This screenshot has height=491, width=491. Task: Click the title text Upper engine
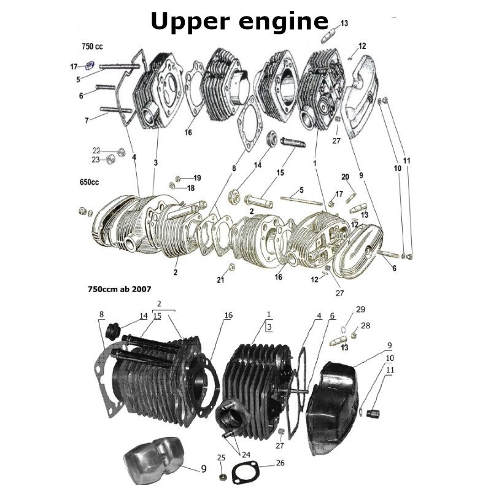tap(239, 21)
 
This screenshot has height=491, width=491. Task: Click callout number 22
tap(96, 150)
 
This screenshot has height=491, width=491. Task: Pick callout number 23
tap(96, 160)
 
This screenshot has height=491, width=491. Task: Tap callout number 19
tap(197, 178)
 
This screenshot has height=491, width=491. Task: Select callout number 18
tap(191, 188)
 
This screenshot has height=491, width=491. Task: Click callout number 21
tap(220, 280)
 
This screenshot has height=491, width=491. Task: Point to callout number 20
tap(345, 177)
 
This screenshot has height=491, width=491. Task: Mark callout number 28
tap(365, 325)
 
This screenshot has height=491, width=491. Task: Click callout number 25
tap(222, 457)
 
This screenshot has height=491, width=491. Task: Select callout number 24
tap(245, 455)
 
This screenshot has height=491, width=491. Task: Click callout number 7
tap(87, 120)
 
